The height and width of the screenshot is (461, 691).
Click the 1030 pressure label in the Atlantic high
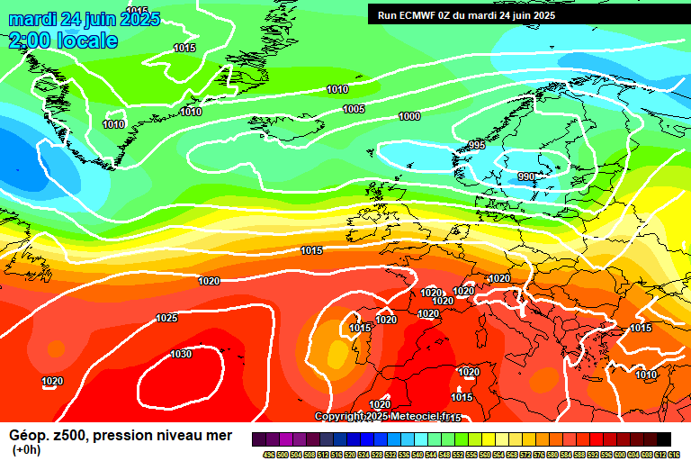click(x=181, y=354)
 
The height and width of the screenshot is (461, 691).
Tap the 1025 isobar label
click(x=166, y=318)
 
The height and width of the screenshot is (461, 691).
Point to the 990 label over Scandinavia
click(x=526, y=176)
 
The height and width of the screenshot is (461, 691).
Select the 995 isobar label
click(x=477, y=145)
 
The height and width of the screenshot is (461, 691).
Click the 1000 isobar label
click(x=409, y=116)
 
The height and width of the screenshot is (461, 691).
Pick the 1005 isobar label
click(x=354, y=109)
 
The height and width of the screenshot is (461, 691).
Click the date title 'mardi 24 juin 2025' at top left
click(x=85, y=19)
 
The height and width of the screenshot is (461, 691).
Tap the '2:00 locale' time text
click(x=63, y=41)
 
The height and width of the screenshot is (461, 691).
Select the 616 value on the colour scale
click(x=674, y=454)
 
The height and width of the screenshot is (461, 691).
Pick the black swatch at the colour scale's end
click(x=663, y=439)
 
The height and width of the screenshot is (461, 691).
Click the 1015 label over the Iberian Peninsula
click(x=361, y=329)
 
